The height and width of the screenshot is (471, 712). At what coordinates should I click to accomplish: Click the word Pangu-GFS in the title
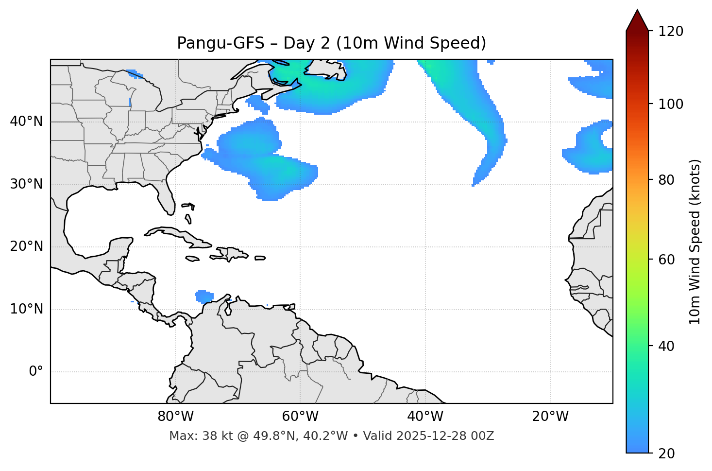pyautogui.click(x=220, y=43)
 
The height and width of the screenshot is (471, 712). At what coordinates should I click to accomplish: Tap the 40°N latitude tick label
pyautogui.click(x=26, y=122)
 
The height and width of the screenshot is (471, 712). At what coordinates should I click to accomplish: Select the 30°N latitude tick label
pyautogui.click(x=26, y=184)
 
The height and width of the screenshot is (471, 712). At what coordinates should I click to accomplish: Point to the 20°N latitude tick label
pyautogui.click(x=26, y=246)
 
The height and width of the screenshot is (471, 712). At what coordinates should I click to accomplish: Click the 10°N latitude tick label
pyautogui.click(x=26, y=309)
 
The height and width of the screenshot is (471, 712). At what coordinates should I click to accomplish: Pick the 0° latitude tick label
pyautogui.click(x=36, y=372)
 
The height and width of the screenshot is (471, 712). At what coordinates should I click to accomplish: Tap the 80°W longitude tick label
pyautogui.click(x=175, y=417)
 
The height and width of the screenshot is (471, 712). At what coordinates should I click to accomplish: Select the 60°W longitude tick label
pyautogui.click(x=300, y=417)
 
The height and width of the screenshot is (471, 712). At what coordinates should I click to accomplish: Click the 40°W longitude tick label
pyautogui.click(x=425, y=417)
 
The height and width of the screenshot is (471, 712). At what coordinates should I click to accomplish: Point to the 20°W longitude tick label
pyautogui.click(x=550, y=417)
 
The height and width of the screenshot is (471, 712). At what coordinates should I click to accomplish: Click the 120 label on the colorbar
pyautogui.click(x=671, y=31)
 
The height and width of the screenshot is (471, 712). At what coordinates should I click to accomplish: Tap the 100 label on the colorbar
pyautogui.click(x=671, y=104)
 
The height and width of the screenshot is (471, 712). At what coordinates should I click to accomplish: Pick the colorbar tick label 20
pyautogui.click(x=666, y=454)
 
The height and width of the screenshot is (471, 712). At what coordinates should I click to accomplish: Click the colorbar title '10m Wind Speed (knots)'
pyautogui.click(x=695, y=242)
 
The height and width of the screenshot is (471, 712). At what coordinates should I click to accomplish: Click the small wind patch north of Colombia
pyautogui.click(x=204, y=296)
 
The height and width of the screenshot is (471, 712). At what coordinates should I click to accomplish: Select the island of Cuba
pyautogui.click(x=175, y=233)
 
